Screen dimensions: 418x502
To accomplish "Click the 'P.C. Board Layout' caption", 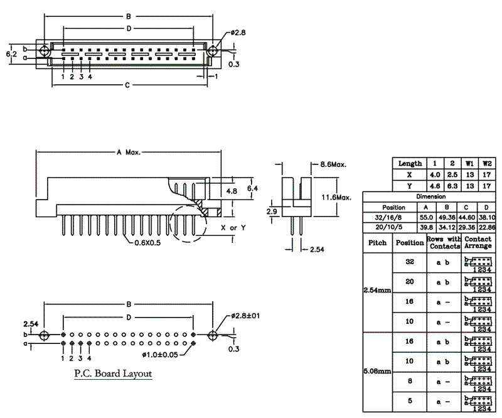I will (x=113, y=374).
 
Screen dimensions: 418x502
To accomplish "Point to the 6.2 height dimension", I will (x=11, y=54).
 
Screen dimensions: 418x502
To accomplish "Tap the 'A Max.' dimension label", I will (x=129, y=153).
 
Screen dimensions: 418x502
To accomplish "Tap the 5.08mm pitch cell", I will (x=377, y=371).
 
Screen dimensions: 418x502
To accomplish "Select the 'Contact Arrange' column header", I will (x=478, y=243).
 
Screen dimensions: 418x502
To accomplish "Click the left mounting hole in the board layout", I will (x=43, y=336).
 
